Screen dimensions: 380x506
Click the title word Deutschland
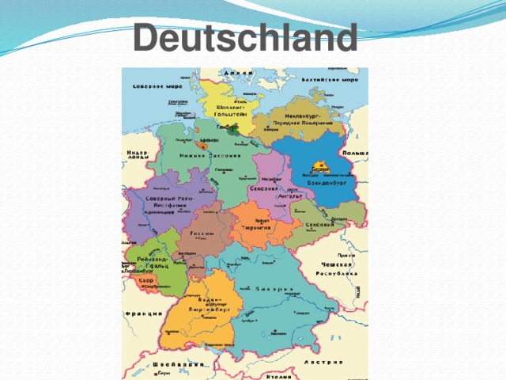(x=244, y=36)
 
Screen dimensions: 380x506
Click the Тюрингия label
(x=256, y=227)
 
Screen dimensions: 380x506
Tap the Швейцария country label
(x=180, y=365)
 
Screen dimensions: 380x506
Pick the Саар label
(x=145, y=279)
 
